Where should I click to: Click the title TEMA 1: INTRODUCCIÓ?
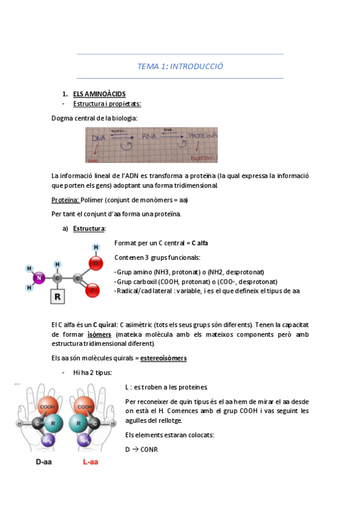tap(180, 66)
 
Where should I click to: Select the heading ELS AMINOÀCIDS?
tap(99, 94)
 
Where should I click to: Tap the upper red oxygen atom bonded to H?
tap(94, 263)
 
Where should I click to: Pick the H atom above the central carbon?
tap(57, 264)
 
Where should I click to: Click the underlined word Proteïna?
tap(66, 200)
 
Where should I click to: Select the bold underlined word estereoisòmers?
tap(163, 358)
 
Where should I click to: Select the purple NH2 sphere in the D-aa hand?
tap(46, 441)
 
